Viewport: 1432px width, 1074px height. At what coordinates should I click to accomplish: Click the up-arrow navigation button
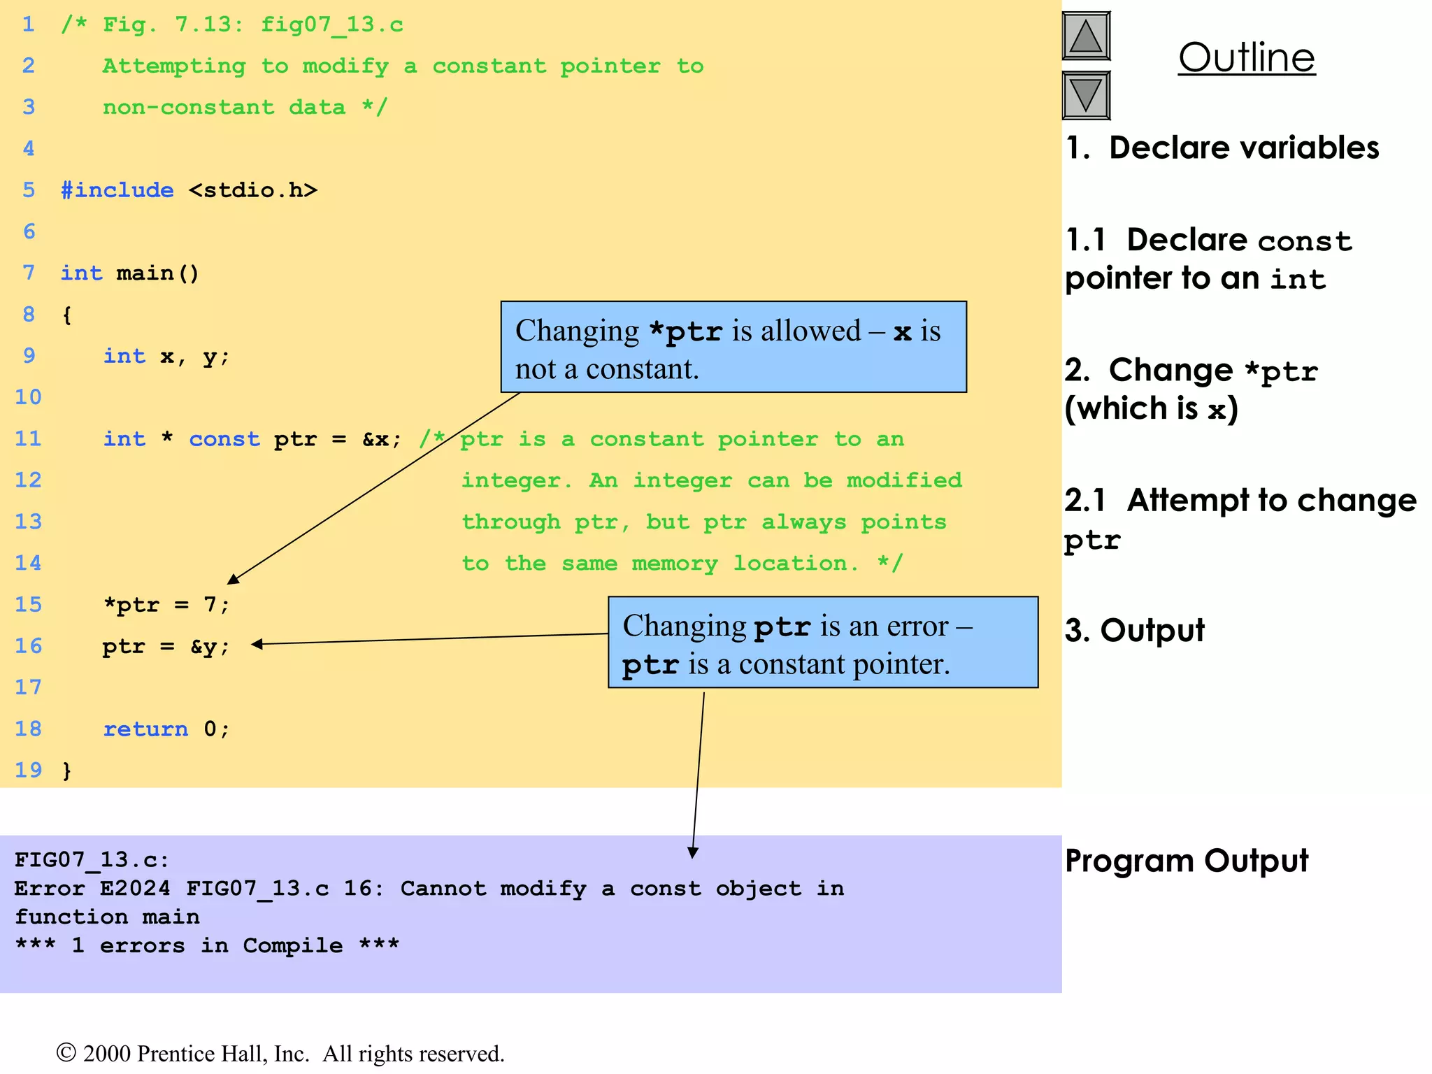(x=1086, y=36)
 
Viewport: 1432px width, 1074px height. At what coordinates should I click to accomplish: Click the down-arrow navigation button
(x=1086, y=95)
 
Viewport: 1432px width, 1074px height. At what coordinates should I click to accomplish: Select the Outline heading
(x=1246, y=57)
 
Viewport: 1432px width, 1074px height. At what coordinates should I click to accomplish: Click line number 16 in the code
(x=28, y=645)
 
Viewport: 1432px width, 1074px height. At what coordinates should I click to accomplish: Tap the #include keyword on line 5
(x=117, y=190)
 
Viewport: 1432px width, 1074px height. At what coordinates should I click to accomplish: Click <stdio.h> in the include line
(x=252, y=190)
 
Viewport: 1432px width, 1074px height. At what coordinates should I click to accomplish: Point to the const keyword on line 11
(x=224, y=439)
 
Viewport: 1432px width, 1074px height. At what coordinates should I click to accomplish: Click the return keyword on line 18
(x=145, y=729)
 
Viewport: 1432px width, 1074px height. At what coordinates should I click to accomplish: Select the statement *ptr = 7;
(x=166, y=604)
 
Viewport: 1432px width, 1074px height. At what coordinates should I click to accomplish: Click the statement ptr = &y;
(x=166, y=646)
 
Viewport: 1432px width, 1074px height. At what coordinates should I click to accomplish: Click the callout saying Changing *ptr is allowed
(x=733, y=348)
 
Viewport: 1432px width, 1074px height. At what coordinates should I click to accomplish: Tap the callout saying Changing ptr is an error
(x=822, y=643)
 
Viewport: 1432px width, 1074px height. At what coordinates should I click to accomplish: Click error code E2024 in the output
(x=135, y=889)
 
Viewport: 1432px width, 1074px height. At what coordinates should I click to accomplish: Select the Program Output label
(x=1186, y=861)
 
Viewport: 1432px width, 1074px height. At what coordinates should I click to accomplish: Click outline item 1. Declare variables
(x=1222, y=148)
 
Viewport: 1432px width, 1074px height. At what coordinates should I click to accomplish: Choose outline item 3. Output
(x=1134, y=631)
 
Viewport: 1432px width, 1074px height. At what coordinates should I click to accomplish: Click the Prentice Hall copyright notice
(x=280, y=1054)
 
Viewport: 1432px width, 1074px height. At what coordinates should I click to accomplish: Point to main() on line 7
(x=157, y=273)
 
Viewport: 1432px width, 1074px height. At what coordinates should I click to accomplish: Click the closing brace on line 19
(x=67, y=771)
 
